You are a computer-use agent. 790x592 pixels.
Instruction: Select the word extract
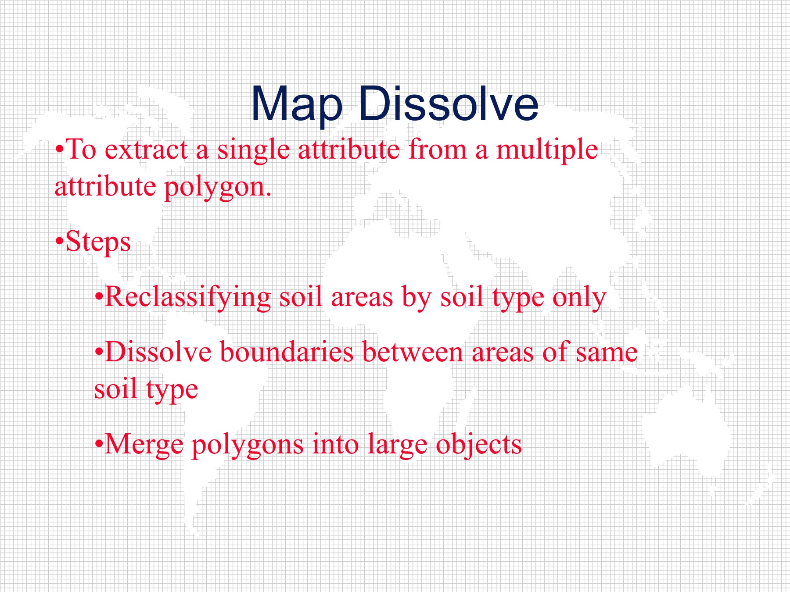147,150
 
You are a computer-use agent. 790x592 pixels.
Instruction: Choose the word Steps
98,243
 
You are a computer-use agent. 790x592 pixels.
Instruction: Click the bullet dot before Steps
60,242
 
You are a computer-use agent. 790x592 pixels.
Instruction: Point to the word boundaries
287,352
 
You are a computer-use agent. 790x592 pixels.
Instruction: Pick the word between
413,352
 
